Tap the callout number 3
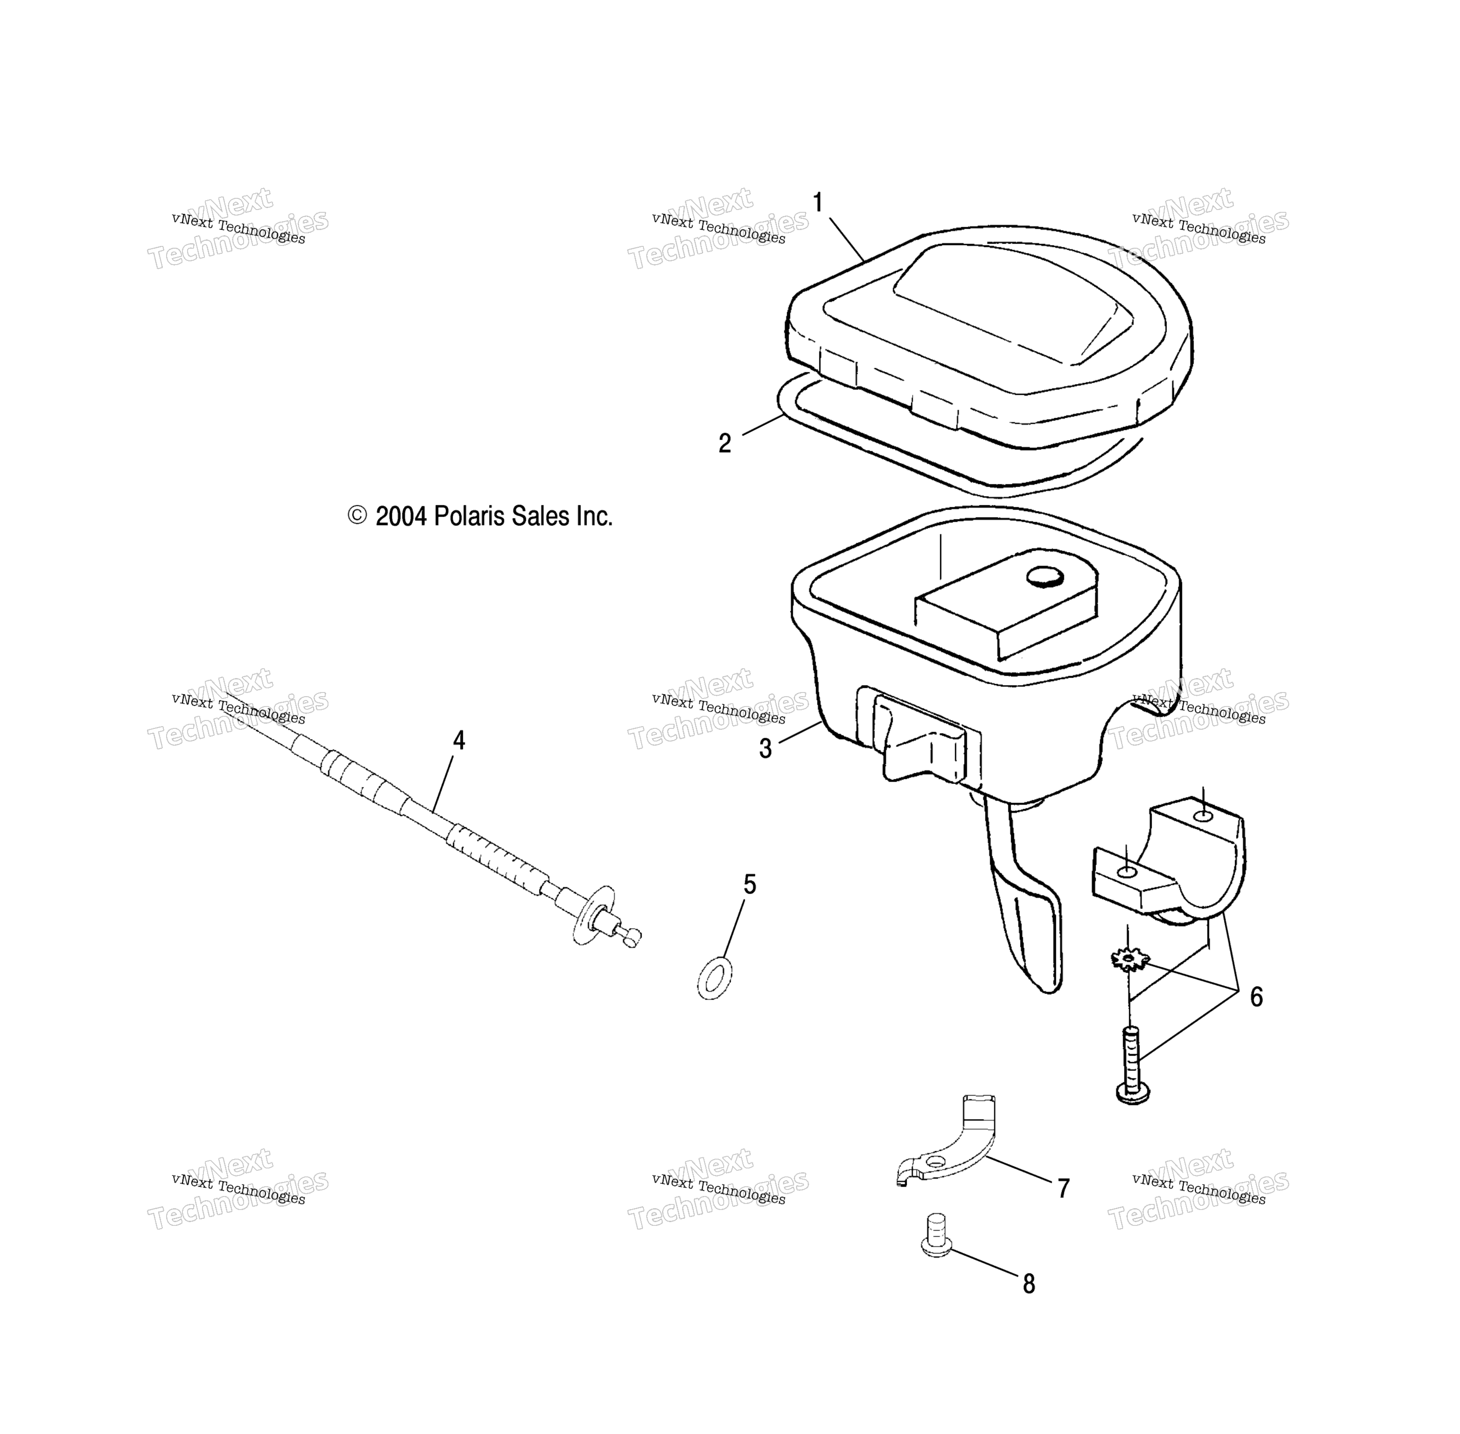point(765,748)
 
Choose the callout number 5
point(749,884)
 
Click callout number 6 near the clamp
point(1256,997)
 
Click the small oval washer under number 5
point(714,979)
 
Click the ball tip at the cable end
point(631,936)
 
